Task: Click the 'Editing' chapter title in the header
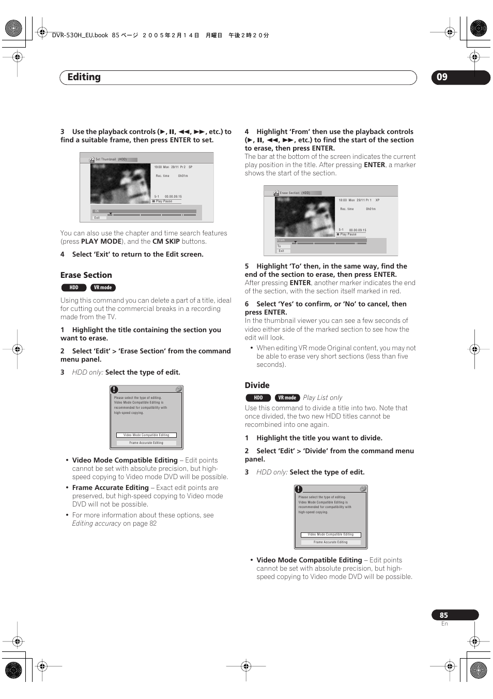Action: click(84, 77)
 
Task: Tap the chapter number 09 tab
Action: click(442, 77)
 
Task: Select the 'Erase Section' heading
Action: click(86, 275)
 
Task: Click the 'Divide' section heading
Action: click(257, 385)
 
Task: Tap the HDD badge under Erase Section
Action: click(74, 288)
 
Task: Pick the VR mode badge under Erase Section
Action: click(103, 288)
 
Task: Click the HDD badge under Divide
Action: click(258, 398)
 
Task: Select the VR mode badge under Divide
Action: click(287, 398)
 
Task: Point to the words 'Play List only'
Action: click(322, 398)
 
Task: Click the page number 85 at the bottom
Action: click(444, 615)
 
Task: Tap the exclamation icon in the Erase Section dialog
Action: click(114, 390)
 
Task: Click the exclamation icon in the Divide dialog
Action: click(299, 489)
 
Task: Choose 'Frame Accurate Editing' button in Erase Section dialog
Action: click(146, 443)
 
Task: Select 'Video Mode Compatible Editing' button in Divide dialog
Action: click(331, 534)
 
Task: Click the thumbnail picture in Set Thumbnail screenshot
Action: click(120, 184)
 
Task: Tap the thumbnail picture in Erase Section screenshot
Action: click(305, 217)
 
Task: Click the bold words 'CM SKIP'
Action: click(166, 242)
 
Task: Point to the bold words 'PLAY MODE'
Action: click(101, 242)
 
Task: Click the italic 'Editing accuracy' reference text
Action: click(97, 524)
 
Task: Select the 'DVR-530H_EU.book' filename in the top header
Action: click(80, 35)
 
